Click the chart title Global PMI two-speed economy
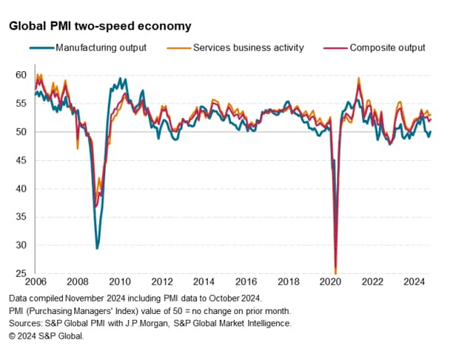tap(100, 26)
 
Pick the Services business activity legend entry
tap(248, 48)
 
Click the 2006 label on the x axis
tap(37, 282)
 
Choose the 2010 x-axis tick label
tap(121, 282)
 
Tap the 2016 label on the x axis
tap(247, 282)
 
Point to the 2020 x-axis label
tap(330, 282)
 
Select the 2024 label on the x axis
tap(414, 282)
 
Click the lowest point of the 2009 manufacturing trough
tap(97, 248)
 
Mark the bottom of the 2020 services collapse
tap(336, 273)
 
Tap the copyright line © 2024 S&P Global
tap(47, 336)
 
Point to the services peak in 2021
tap(359, 78)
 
